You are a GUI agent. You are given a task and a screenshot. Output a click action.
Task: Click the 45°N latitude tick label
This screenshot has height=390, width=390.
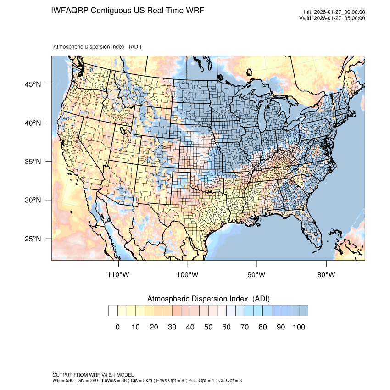click(33, 84)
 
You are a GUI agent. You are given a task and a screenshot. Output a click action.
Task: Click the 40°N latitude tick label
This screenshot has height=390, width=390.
click(33, 123)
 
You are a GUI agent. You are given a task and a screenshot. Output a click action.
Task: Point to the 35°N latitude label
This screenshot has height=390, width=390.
click(33, 162)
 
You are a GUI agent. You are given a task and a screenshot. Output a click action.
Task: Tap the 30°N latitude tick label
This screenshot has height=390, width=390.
click(33, 200)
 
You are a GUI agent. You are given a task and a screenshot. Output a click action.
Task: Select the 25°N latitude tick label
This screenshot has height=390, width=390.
click(33, 239)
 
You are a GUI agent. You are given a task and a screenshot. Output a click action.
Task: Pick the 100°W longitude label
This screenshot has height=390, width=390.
click(188, 275)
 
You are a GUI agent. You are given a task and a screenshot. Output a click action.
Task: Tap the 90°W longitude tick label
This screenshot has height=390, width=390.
click(256, 275)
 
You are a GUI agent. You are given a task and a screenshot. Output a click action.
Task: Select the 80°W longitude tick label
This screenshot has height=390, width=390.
click(326, 275)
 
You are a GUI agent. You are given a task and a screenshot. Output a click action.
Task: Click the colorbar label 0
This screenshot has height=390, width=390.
click(117, 327)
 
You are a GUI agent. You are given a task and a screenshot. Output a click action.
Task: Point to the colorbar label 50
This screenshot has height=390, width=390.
click(208, 327)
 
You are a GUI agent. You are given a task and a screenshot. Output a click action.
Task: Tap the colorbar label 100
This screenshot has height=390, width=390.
click(299, 327)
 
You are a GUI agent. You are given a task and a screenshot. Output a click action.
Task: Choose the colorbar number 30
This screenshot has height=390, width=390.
click(172, 327)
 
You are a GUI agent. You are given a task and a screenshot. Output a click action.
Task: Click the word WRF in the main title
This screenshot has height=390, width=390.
click(194, 10)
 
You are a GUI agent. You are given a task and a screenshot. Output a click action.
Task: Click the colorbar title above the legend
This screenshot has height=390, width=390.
click(208, 299)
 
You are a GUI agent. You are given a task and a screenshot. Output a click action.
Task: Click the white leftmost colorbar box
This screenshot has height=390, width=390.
click(113, 311)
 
